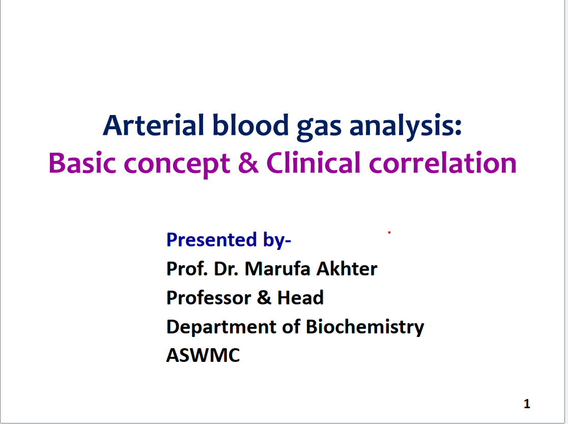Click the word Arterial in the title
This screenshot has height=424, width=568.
tap(154, 125)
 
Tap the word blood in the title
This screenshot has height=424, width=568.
tap(250, 125)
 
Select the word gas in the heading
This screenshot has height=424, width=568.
tap(319, 128)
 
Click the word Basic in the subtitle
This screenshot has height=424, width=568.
tap(82, 163)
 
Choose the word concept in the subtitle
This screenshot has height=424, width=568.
tap(177, 165)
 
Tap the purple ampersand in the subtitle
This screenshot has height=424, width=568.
tap(248, 163)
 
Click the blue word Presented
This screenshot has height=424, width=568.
tap(212, 240)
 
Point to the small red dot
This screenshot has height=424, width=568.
tap(389, 232)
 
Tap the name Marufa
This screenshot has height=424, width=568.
tap(277, 269)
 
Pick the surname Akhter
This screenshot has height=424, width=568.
tap(347, 269)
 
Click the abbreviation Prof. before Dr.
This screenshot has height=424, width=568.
tap(187, 269)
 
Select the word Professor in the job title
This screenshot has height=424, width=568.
tap(209, 298)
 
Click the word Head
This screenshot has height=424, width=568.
tap(300, 298)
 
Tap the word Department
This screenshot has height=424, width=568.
tap(221, 327)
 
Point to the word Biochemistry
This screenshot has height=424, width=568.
tap(365, 327)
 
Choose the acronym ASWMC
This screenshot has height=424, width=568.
tap(203, 355)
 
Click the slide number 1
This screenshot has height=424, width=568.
tap(527, 404)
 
